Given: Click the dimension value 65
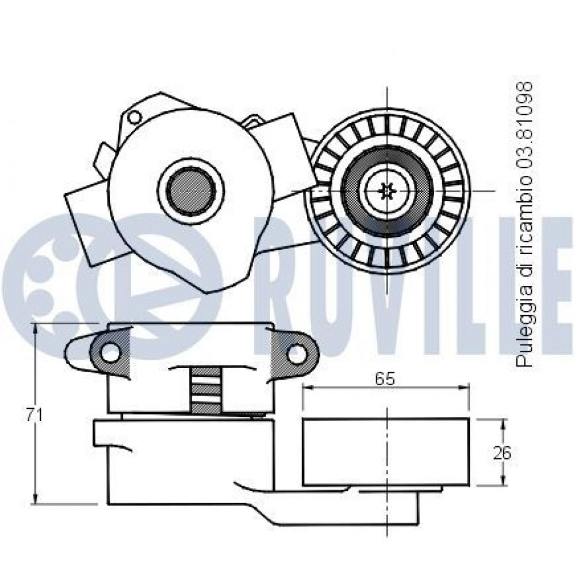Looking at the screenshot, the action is pyautogui.click(x=385, y=379).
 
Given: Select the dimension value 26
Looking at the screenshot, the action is pyautogui.click(x=501, y=453).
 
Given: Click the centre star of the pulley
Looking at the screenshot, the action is pyautogui.click(x=387, y=190).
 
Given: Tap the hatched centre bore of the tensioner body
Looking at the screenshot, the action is pyautogui.click(x=190, y=190).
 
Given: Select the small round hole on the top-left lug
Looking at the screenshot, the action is pyautogui.click(x=135, y=117).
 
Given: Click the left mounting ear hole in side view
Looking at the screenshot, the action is pyautogui.click(x=110, y=353).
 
